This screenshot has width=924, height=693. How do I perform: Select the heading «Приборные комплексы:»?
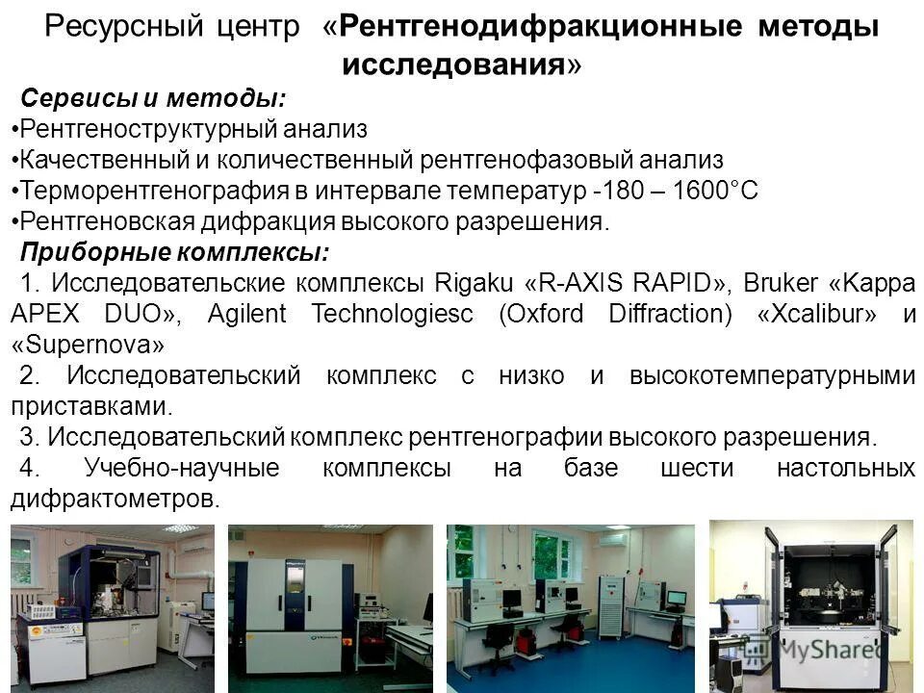pyautogui.click(x=174, y=253)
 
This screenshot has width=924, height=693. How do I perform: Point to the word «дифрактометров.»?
pyautogui.click(x=115, y=500)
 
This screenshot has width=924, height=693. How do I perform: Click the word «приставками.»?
pyautogui.click(x=92, y=407)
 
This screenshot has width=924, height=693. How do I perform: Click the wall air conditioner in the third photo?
pyautogui.click(x=616, y=540)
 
